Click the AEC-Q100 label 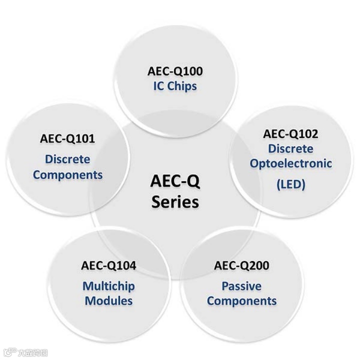175,71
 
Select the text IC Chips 175,86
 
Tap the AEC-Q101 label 67,138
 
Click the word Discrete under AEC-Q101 67,159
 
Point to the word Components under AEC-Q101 67,175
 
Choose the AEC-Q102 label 290,133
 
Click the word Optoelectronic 290,163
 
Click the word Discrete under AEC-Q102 290,148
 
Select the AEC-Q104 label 108,265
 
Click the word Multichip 108,286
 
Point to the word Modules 108,301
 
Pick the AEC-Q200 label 241,265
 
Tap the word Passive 241,286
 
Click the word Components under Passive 241,301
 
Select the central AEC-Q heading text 175,181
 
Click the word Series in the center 175,201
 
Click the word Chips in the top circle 182,86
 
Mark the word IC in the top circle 159,86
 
